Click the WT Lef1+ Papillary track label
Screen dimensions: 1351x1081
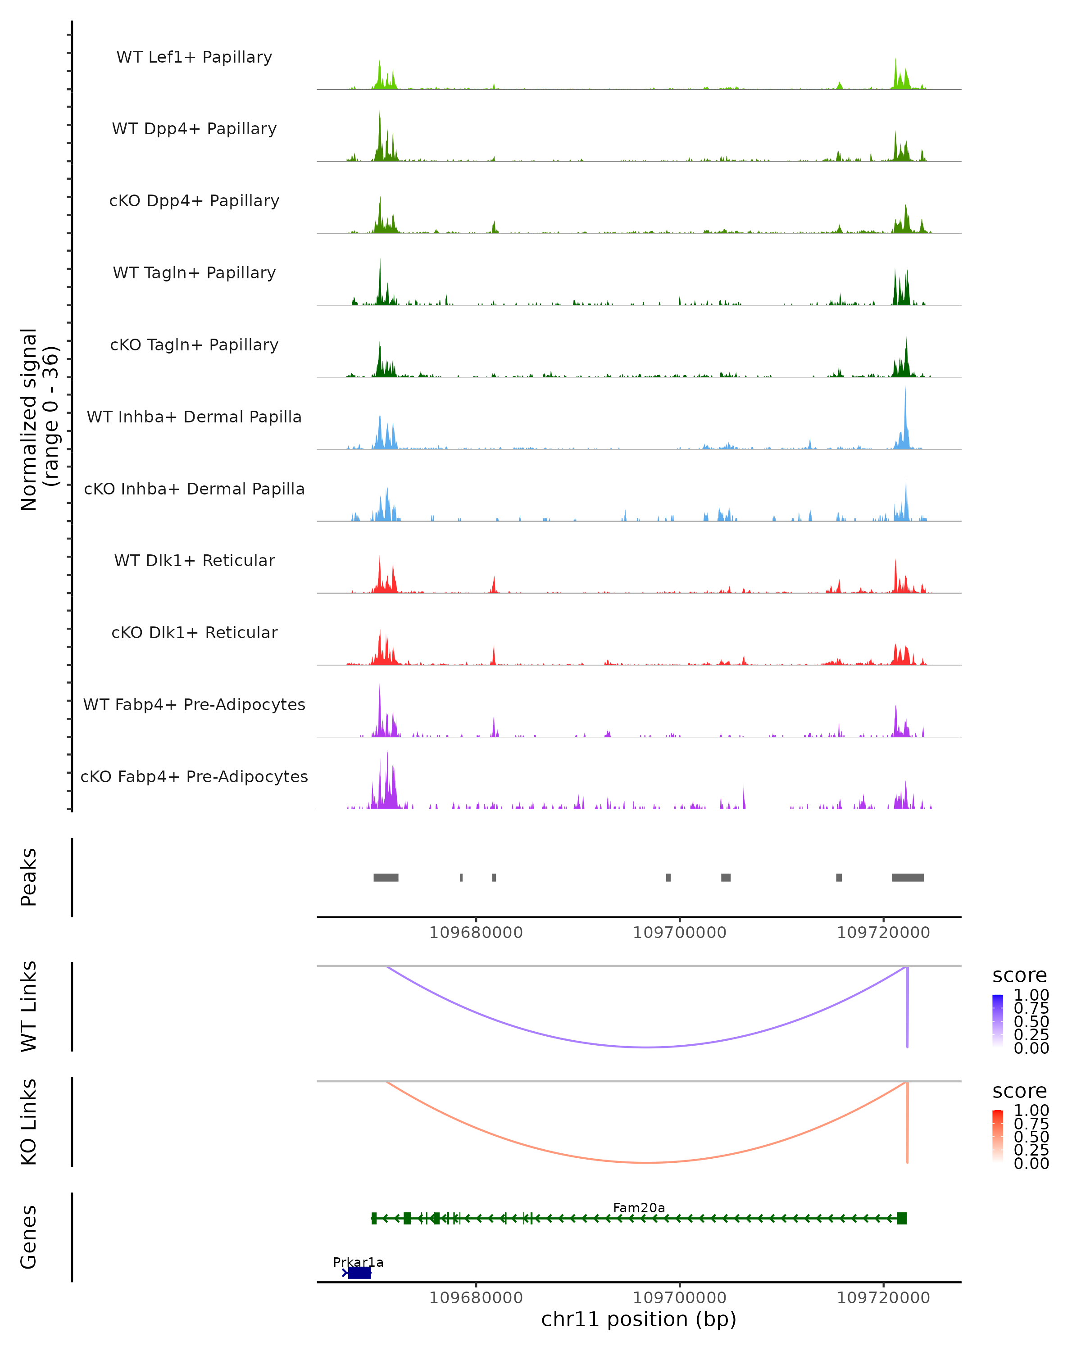(x=194, y=57)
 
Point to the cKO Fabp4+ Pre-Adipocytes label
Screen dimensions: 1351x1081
(x=194, y=776)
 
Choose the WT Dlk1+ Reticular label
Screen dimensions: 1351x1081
(x=194, y=560)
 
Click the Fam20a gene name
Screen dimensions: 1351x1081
(x=639, y=1207)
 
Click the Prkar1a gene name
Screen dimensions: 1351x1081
(x=358, y=1262)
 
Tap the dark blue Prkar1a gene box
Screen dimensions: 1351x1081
(x=359, y=1273)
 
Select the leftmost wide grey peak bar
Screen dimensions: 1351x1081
(x=386, y=877)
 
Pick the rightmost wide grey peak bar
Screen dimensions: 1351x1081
(x=908, y=877)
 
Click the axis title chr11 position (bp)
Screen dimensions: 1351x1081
(x=639, y=1319)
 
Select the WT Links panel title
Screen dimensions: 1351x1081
(x=29, y=1006)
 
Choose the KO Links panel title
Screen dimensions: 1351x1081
(x=29, y=1122)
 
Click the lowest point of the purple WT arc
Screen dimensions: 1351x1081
(x=648, y=1047)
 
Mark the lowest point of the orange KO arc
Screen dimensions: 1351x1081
(x=648, y=1162)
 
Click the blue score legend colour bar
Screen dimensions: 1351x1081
(x=998, y=1021)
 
